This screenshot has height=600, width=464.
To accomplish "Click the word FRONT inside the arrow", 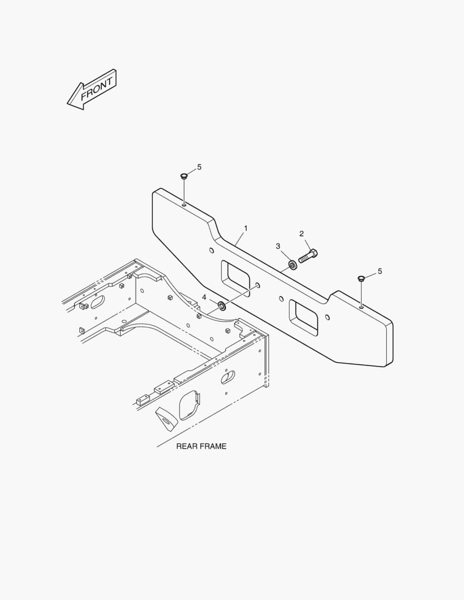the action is (x=97, y=89).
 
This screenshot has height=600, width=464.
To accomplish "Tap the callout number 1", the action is (x=246, y=228).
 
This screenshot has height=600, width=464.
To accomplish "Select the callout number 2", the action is (x=302, y=233).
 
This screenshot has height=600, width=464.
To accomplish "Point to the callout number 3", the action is (x=278, y=246).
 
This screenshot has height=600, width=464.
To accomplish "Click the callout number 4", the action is (x=204, y=297).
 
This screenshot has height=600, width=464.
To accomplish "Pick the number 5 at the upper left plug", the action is (x=199, y=167).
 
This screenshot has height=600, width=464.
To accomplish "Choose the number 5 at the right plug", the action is (x=380, y=271).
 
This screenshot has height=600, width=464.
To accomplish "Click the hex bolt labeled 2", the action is (x=308, y=256).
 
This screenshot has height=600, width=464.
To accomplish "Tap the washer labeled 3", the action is (x=293, y=264).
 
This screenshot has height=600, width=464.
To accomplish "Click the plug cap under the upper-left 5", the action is (x=184, y=177).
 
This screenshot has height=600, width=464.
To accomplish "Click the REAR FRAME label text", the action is (x=201, y=446).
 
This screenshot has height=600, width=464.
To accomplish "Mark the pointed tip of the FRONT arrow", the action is (x=68, y=103).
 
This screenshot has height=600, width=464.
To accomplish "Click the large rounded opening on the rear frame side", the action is (x=189, y=405).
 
